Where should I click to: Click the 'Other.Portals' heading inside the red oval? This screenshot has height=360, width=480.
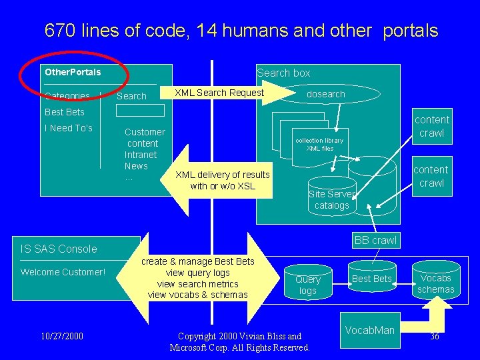(x=73, y=72)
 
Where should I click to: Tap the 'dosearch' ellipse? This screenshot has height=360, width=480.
(x=325, y=94)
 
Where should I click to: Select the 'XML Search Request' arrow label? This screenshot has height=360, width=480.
(x=219, y=93)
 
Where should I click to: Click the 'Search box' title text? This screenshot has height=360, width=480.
(x=283, y=73)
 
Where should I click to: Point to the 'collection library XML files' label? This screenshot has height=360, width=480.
(x=319, y=145)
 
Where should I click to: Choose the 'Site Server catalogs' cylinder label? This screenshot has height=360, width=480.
(x=332, y=200)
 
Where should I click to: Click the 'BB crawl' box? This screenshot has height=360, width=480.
(x=375, y=240)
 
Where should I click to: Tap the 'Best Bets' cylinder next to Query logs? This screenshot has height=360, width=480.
(x=371, y=279)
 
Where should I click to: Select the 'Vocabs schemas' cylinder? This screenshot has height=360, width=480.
(x=436, y=284)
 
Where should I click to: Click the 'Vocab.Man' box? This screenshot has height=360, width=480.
(x=371, y=330)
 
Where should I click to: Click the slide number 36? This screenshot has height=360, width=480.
(x=435, y=337)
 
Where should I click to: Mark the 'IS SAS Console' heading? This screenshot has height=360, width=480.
(x=59, y=249)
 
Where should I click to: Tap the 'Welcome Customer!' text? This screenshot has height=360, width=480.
(x=63, y=272)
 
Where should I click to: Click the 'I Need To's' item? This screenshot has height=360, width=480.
(x=69, y=128)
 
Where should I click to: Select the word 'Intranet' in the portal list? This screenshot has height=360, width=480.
(x=141, y=155)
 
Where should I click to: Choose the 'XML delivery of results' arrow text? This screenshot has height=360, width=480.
(x=222, y=175)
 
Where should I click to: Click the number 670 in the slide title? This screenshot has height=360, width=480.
(x=61, y=31)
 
